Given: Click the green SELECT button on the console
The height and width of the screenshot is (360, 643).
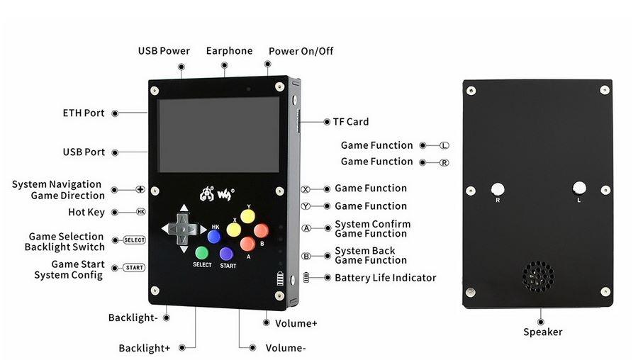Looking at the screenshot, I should (201, 252).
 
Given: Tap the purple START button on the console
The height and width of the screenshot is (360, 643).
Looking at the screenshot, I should (227, 254).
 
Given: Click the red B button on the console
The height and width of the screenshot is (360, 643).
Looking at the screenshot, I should (262, 231).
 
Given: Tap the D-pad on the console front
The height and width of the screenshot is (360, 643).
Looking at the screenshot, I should (183, 229).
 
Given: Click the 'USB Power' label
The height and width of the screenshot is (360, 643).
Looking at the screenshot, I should (164, 51).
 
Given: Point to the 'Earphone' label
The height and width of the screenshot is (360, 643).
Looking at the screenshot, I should (229, 51).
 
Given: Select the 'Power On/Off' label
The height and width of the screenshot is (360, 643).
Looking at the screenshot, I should (301, 51).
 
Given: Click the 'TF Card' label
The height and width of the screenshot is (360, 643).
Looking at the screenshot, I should (351, 122).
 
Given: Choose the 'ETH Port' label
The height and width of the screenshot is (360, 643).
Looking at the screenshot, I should (84, 113).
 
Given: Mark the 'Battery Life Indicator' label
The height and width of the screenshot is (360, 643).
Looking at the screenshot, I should (385, 278).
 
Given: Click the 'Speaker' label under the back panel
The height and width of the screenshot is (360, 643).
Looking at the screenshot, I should (543, 332).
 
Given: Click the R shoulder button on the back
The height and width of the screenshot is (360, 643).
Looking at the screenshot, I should (498, 189).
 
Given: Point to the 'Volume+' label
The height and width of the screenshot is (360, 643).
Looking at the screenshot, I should (296, 323).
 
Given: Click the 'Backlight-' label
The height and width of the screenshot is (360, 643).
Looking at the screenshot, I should (133, 317).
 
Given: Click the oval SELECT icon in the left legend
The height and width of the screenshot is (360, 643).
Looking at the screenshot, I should (134, 240).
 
